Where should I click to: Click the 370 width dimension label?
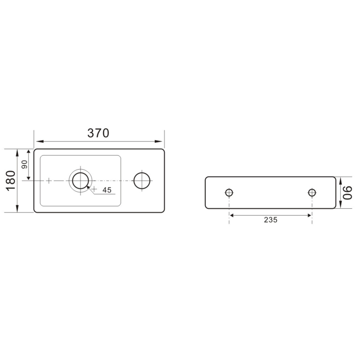[98, 133]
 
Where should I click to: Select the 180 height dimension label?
[11, 181]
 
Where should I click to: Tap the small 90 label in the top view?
[24, 164]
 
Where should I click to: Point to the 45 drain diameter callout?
[107, 190]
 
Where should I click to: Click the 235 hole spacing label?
[271, 220]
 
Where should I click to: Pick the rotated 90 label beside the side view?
[347, 193]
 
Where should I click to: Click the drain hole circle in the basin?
[81, 181]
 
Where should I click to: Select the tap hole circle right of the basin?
[142, 181]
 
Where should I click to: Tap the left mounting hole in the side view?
[229, 193]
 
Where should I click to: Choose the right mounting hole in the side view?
[312, 193]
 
